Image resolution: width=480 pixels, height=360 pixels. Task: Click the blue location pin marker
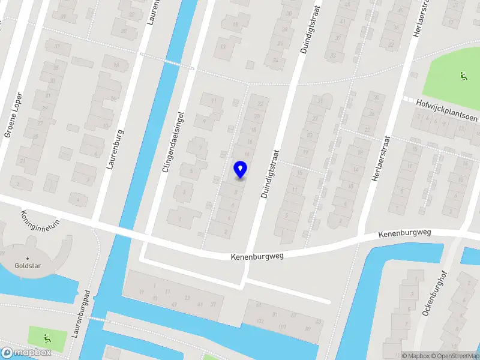240,169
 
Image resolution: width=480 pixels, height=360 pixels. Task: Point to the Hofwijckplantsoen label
448,110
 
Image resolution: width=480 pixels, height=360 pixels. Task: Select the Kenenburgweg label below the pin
257,256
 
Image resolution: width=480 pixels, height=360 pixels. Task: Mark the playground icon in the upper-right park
463,76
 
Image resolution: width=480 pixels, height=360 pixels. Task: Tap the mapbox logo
26,353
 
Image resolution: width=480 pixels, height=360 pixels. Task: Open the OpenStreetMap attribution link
455,356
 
